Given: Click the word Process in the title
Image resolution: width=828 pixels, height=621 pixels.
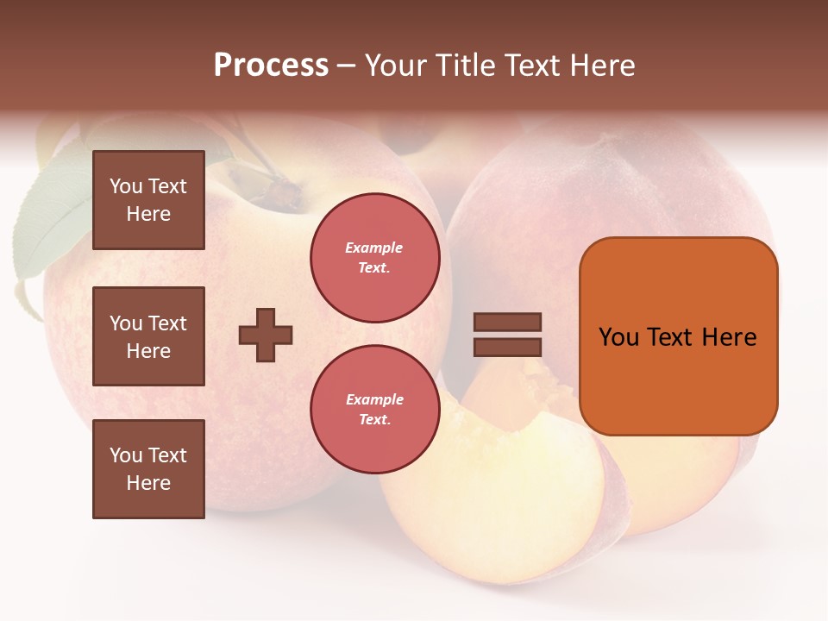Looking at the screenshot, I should (271, 66).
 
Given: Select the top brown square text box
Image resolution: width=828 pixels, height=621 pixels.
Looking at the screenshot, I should (148, 200).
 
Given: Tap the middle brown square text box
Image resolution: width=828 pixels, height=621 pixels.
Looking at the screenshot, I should (148, 336).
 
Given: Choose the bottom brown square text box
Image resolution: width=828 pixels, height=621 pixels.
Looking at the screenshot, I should (148, 469).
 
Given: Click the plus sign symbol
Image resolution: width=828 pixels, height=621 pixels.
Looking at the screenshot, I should (266, 335).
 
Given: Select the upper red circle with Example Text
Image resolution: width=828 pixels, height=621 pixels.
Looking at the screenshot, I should (375, 258).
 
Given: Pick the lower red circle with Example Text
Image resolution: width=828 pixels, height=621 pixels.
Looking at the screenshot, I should (375, 410).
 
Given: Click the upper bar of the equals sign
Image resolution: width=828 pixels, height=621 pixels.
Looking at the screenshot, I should (508, 323).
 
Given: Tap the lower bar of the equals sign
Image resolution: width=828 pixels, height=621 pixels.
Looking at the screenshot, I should (508, 347).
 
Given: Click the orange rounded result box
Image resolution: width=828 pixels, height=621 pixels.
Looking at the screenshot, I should (678, 336).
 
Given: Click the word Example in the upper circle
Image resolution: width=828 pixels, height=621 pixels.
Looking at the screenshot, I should (374, 248).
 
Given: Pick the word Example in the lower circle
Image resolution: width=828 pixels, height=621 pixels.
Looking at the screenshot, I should (374, 400).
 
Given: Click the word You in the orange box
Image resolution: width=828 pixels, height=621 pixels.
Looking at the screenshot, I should (619, 337).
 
